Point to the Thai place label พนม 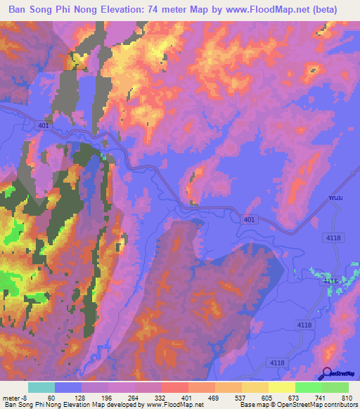[337, 198]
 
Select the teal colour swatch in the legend [41, 388]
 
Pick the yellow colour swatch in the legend [281, 388]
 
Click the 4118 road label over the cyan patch [330, 280]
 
